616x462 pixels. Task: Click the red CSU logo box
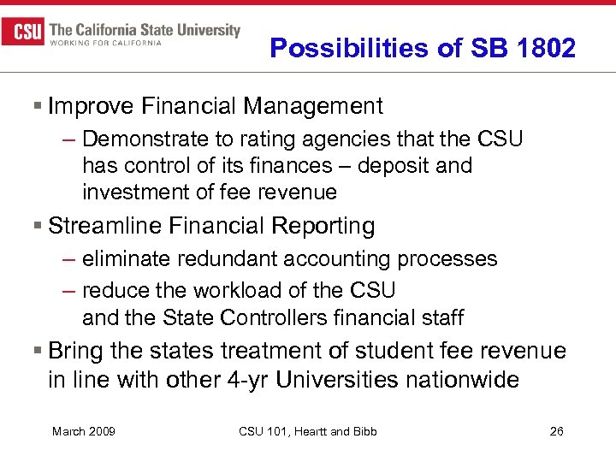click(23, 33)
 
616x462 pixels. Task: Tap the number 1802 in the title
click(547, 48)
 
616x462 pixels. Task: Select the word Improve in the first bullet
click(88, 106)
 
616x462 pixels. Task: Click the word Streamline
click(105, 226)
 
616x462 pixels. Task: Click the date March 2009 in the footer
click(84, 431)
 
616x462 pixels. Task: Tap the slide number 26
click(556, 431)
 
